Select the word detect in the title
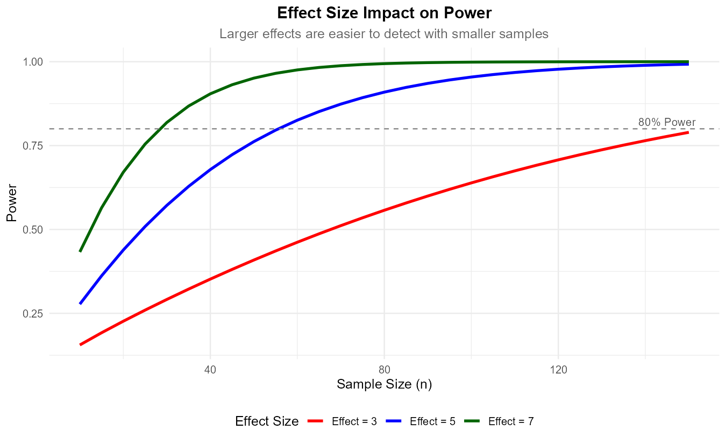click(385, 34)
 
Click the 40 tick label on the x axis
click(210, 370)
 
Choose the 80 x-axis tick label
click(385, 370)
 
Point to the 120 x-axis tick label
click(559, 370)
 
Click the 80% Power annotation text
click(667, 122)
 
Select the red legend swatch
click(315, 421)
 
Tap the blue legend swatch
click(394, 421)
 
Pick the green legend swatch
click(472, 421)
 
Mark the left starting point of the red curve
click(80, 344)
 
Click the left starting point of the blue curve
click(80, 304)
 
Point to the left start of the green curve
click(80, 251)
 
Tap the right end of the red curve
click(688, 132)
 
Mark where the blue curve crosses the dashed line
click(280, 129)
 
